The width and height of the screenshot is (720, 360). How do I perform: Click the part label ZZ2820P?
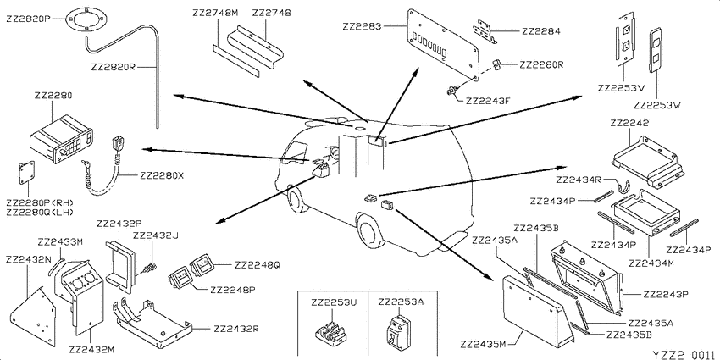28,19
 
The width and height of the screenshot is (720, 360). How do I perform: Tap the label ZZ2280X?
162,175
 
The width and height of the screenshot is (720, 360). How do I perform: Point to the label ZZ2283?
362,26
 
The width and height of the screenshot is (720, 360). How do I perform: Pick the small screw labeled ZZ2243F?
451,91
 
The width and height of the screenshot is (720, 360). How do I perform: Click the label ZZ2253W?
656,106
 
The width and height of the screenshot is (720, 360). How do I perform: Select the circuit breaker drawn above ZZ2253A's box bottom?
396,330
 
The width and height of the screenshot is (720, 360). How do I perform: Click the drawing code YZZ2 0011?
684,354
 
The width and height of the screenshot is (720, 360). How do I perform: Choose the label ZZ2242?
629,123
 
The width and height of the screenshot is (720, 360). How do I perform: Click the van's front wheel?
296,200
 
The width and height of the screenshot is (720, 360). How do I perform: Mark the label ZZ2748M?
216,14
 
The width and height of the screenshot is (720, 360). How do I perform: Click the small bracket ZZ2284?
486,31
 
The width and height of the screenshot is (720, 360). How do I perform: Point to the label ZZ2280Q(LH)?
40,212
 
